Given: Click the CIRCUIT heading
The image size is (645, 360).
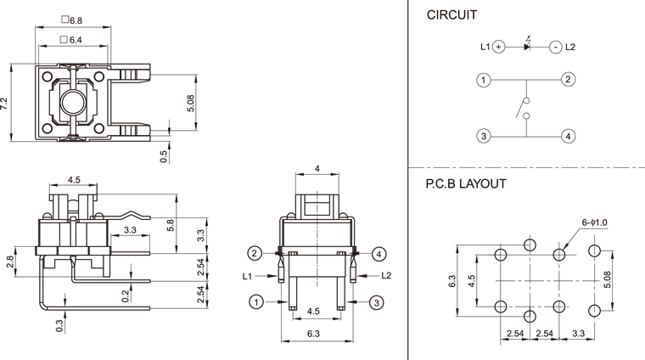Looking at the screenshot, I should click(451, 14).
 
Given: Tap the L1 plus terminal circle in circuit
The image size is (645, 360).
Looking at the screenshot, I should click(499, 47).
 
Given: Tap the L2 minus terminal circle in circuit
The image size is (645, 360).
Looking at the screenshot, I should click(555, 47).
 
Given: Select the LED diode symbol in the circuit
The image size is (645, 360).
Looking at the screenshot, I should click(527, 46).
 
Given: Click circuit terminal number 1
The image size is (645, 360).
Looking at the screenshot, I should click(483, 81).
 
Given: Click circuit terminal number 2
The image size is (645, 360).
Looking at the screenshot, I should click(568, 81).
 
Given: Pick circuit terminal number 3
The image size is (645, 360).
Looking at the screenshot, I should click(483, 136).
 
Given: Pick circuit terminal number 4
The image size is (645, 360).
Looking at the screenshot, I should click(568, 136).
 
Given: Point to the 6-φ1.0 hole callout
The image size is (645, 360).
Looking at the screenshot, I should click(596, 222).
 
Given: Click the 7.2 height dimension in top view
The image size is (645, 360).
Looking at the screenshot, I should click(5, 104).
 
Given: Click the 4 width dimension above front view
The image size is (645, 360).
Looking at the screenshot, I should click(317, 169).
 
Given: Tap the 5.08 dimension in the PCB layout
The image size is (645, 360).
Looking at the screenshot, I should click(607, 279).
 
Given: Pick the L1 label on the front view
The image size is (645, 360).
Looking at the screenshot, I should click(247, 277).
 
